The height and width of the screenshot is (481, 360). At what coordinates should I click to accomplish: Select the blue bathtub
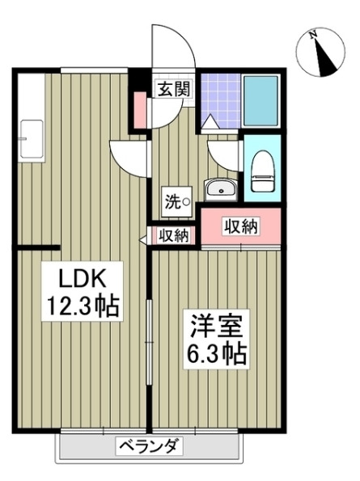point(260,100)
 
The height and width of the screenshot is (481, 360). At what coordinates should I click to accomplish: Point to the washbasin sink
point(218,189)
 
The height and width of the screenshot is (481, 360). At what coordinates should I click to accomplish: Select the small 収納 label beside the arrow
point(173,236)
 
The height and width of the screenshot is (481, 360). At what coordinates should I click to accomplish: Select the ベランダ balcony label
point(150,446)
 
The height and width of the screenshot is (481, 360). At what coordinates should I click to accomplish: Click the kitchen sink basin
point(31,137)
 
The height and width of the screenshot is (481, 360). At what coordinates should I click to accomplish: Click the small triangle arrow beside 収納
point(146,237)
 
